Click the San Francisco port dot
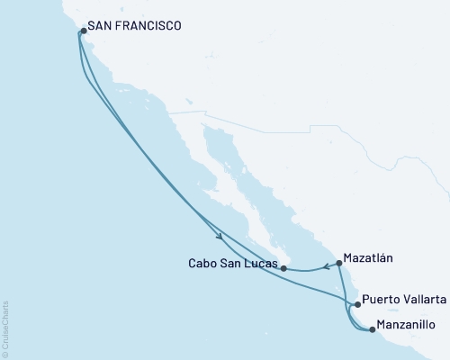pos(83,31)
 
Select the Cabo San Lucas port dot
pos(283,267)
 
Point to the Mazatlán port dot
pos(338,264)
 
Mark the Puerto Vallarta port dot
pos(358,304)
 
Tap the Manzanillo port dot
pos(373,328)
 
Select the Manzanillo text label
pos(411,324)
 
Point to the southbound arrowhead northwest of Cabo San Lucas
pos(220,238)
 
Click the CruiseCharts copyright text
pos(6,325)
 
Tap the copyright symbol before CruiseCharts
pos(6,352)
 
